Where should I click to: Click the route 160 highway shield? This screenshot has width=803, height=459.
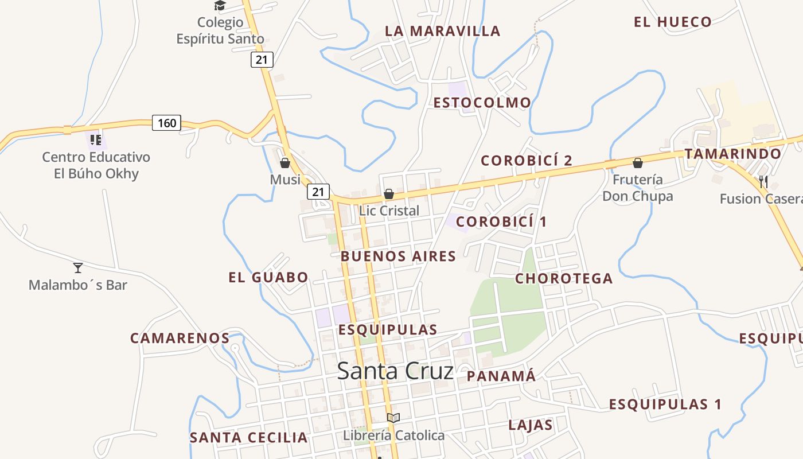coord(166,123)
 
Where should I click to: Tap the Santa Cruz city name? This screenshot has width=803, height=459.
coord(395,371)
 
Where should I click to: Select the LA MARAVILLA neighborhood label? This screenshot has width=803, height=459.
coord(442,31)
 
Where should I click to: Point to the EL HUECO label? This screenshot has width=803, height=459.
coord(672,22)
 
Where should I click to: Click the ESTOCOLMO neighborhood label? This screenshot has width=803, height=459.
coord(482,103)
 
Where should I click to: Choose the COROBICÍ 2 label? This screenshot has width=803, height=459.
coord(527,161)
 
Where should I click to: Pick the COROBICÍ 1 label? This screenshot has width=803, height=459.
coord(501,221)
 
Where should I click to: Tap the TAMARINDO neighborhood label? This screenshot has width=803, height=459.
coord(732,154)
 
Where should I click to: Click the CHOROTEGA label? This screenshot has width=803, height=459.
coord(564,278)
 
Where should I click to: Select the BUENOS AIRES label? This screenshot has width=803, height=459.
coord(399,256)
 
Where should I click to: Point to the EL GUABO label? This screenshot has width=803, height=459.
coord(268,278)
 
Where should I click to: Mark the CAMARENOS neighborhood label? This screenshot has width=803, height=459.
coord(180,338)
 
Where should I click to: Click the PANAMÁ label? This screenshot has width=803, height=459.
coord(501,376)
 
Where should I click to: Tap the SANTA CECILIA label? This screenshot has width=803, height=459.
coord(248,437)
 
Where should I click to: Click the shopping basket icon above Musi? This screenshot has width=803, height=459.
coord(285,164)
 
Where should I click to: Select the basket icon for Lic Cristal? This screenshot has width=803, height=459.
coord(389,195)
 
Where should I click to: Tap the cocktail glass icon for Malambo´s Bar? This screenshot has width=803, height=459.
coord(78,267)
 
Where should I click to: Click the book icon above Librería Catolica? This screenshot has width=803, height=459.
coord(393,418)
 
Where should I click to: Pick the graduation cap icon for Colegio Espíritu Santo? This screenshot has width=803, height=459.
coord(220,6)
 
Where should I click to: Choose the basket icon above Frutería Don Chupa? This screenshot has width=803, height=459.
coord(637,164)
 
